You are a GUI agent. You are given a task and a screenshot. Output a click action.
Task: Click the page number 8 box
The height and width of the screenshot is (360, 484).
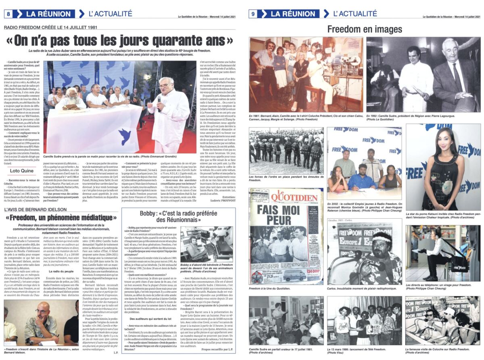8,14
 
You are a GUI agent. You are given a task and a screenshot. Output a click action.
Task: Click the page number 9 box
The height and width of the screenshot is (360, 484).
253,14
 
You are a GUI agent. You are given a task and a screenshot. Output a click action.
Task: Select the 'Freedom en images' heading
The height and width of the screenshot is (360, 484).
364,29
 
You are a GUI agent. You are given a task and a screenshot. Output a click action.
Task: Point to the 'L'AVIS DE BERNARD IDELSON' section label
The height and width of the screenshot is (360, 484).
35,209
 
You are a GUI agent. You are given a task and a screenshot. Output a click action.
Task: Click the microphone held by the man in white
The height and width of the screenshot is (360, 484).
159,98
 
